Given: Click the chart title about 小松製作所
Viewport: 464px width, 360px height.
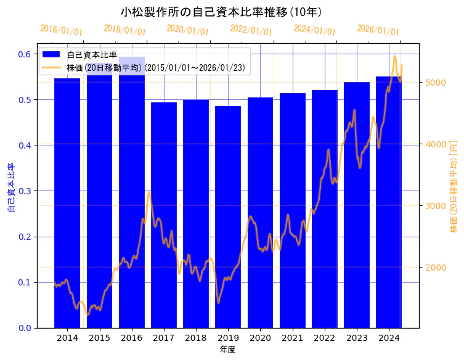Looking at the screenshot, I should (x=221, y=12).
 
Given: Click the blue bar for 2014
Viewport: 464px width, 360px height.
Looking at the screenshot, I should (x=67, y=203).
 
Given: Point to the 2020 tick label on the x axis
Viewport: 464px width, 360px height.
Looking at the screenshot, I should (x=260, y=338).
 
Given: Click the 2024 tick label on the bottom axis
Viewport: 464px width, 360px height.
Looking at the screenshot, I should (x=389, y=338).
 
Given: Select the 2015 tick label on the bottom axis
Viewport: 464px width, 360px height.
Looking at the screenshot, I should (x=99, y=338).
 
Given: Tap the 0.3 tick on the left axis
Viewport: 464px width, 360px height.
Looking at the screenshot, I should (x=24, y=191).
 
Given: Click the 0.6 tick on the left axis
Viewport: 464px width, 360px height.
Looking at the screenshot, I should (x=24, y=54).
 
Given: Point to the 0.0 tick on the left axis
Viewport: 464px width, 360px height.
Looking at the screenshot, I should (x=24, y=328).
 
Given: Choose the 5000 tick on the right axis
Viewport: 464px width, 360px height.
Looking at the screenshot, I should (x=436, y=83).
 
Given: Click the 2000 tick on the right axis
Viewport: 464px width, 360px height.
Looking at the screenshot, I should (x=436, y=268).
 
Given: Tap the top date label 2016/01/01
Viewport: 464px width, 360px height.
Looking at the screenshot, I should (x=61, y=30).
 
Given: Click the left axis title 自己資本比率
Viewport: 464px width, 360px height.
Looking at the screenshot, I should (x=11, y=188).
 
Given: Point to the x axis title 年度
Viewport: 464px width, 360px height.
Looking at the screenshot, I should (x=227, y=350).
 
